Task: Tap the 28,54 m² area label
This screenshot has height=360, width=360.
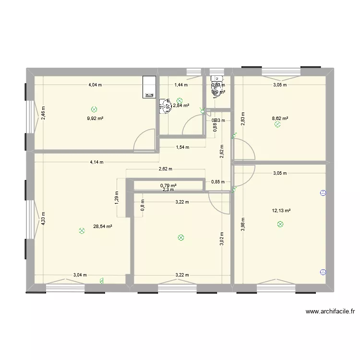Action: tap(102, 227)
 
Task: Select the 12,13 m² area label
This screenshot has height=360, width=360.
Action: tap(282, 210)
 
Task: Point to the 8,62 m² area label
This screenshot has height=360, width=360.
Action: tap(280, 118)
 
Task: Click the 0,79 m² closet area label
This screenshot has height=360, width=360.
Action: tap(168, 185)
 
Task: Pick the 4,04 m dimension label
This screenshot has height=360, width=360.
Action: tap(95, 85)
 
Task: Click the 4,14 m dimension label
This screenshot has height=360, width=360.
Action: tap(96, 162)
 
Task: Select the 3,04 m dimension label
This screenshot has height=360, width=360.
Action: tap(80, 275)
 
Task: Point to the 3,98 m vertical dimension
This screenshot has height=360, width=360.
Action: tap(244, 224)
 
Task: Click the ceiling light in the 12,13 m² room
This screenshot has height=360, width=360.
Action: tap(280, 224)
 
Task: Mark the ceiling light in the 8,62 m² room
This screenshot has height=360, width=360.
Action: tap(277, 125)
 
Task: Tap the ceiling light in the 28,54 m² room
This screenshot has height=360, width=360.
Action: tap(82, 231)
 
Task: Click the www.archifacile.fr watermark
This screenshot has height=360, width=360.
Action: tap(331, 312)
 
